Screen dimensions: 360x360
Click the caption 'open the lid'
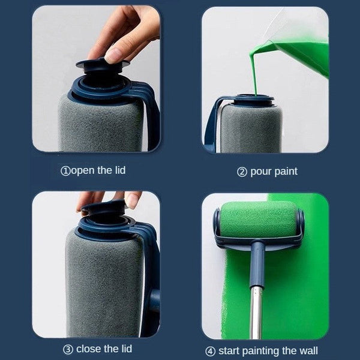pyautogui.click(x=98, y=170)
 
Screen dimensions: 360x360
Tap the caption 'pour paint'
pyautogui.click(x=272, y=172)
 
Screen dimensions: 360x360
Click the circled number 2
pyautogui.click(x=242, y=172)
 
